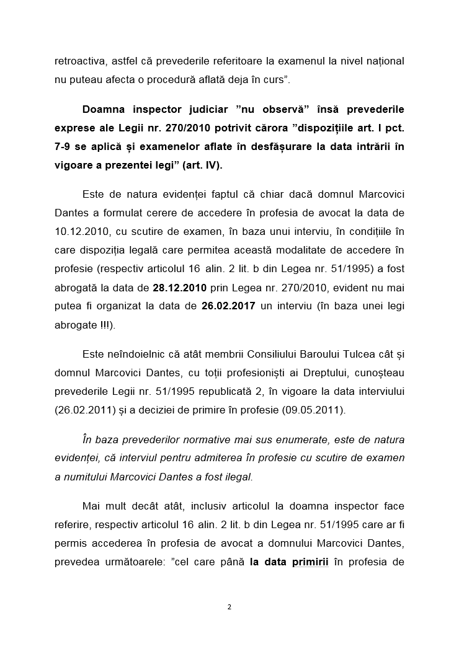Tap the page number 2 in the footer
[x=229, y=607]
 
